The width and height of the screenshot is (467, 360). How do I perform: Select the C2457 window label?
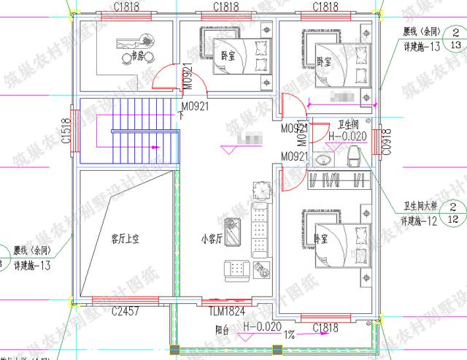(x=126, y=312)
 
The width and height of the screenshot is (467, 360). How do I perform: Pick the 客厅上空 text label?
(x=125, y=238)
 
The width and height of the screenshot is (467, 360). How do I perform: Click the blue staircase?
(x=130, y=131)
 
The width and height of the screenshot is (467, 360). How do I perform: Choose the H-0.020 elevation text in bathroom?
(x=347, y=136)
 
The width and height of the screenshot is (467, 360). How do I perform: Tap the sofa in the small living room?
(x=259, y=230)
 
